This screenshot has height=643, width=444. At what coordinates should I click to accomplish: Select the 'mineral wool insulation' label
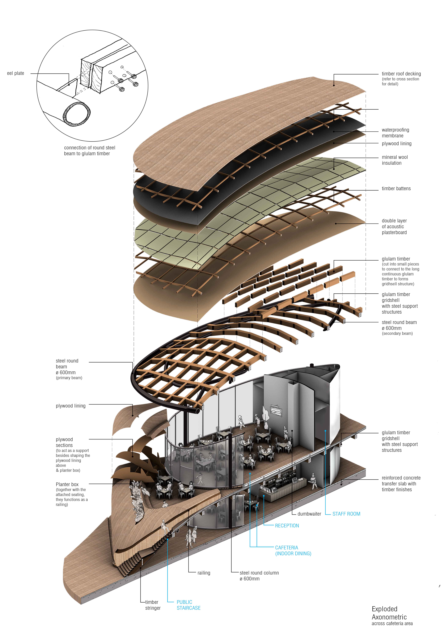pyautogui.click(x=395, y=160)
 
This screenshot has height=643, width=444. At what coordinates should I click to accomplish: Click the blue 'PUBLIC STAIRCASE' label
pyautogui.click(x=188, y=605)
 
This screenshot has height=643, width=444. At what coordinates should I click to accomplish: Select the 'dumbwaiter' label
pyautogui.click(x=309, y=514)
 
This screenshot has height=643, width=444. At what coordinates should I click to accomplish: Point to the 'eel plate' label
pyautogui.click(x=16, y=73)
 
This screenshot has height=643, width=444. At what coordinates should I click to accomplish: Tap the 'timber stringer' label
pyautogui.click(x=152, y=605)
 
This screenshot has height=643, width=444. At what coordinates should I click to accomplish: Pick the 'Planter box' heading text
pyautogui.click(x=67, y=484)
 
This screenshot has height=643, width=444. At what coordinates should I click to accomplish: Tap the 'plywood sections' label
pyautogui.click(x=64, y=442)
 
